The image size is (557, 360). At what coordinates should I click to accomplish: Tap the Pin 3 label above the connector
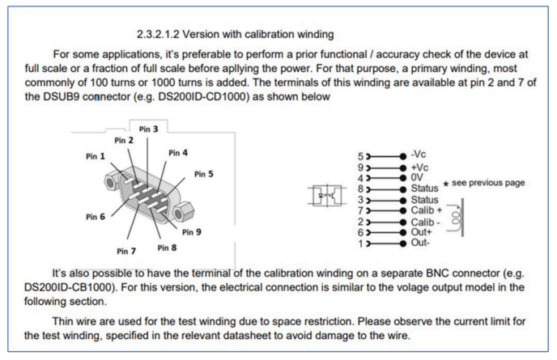click(148, 129)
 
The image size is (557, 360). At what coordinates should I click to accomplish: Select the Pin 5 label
click(204, 174)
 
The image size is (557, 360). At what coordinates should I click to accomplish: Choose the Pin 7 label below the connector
click(127, 250)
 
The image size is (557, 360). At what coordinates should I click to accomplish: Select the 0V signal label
click(418, 176)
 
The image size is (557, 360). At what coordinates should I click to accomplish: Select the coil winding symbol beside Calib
click(461, 216)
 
